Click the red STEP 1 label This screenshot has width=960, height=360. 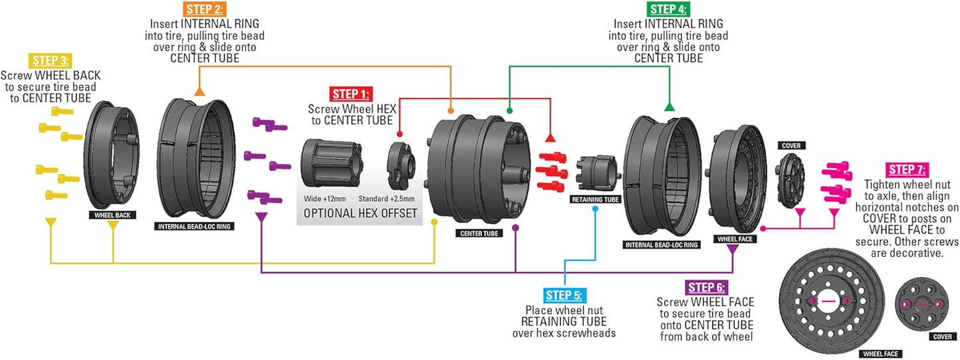[351, 94]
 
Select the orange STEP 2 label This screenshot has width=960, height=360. [204, 9]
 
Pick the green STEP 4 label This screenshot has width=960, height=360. [668, 9]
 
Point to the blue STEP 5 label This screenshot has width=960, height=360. [563, 295]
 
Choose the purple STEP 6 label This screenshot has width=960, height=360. [708, 288]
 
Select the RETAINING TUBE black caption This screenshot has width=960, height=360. [594, 199]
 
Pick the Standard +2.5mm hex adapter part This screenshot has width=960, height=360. [401, 166]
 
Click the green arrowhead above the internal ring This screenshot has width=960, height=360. [670, 106]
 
